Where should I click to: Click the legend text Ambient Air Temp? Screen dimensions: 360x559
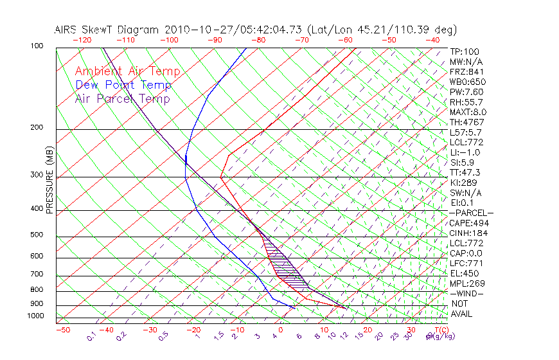(127, 71)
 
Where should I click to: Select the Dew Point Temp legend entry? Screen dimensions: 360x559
(123, 85)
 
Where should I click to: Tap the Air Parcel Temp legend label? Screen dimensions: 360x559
(122, 98)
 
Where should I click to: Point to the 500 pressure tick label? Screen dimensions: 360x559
(37, 235)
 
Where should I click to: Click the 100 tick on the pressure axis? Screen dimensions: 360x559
(37, 46)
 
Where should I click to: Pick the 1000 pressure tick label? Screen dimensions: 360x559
(35, 316)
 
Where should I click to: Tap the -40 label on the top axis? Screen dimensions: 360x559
(432, 40)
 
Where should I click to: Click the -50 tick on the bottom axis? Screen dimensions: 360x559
(62, 330)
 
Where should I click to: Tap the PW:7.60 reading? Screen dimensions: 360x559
(466, 92)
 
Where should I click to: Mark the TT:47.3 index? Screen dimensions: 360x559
(465, 172)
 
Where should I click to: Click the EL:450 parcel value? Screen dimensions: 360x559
(464, 273)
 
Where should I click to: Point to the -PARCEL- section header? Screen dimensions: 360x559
(471, 213)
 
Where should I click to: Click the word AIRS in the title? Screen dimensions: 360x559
(67, 30)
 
